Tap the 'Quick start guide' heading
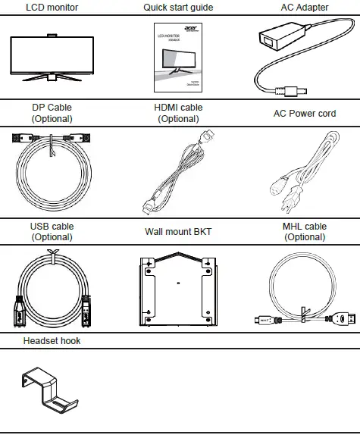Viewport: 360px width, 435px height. coord(178,8)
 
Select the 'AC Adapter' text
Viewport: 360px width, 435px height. coord(304,8)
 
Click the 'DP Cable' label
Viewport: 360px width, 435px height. coord(52,108)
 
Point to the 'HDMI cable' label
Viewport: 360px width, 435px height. coord(178,108)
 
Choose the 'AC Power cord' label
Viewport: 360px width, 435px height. coord(304,114)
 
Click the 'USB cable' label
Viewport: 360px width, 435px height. coord(52,226)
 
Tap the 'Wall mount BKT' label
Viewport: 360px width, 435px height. coord(178,231)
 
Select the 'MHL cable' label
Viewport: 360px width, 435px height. coord(304,226)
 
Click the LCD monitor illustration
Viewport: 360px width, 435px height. coord(52,58)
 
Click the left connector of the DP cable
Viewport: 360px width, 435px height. coord(17,138)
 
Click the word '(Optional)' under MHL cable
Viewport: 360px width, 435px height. coord(304,236)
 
